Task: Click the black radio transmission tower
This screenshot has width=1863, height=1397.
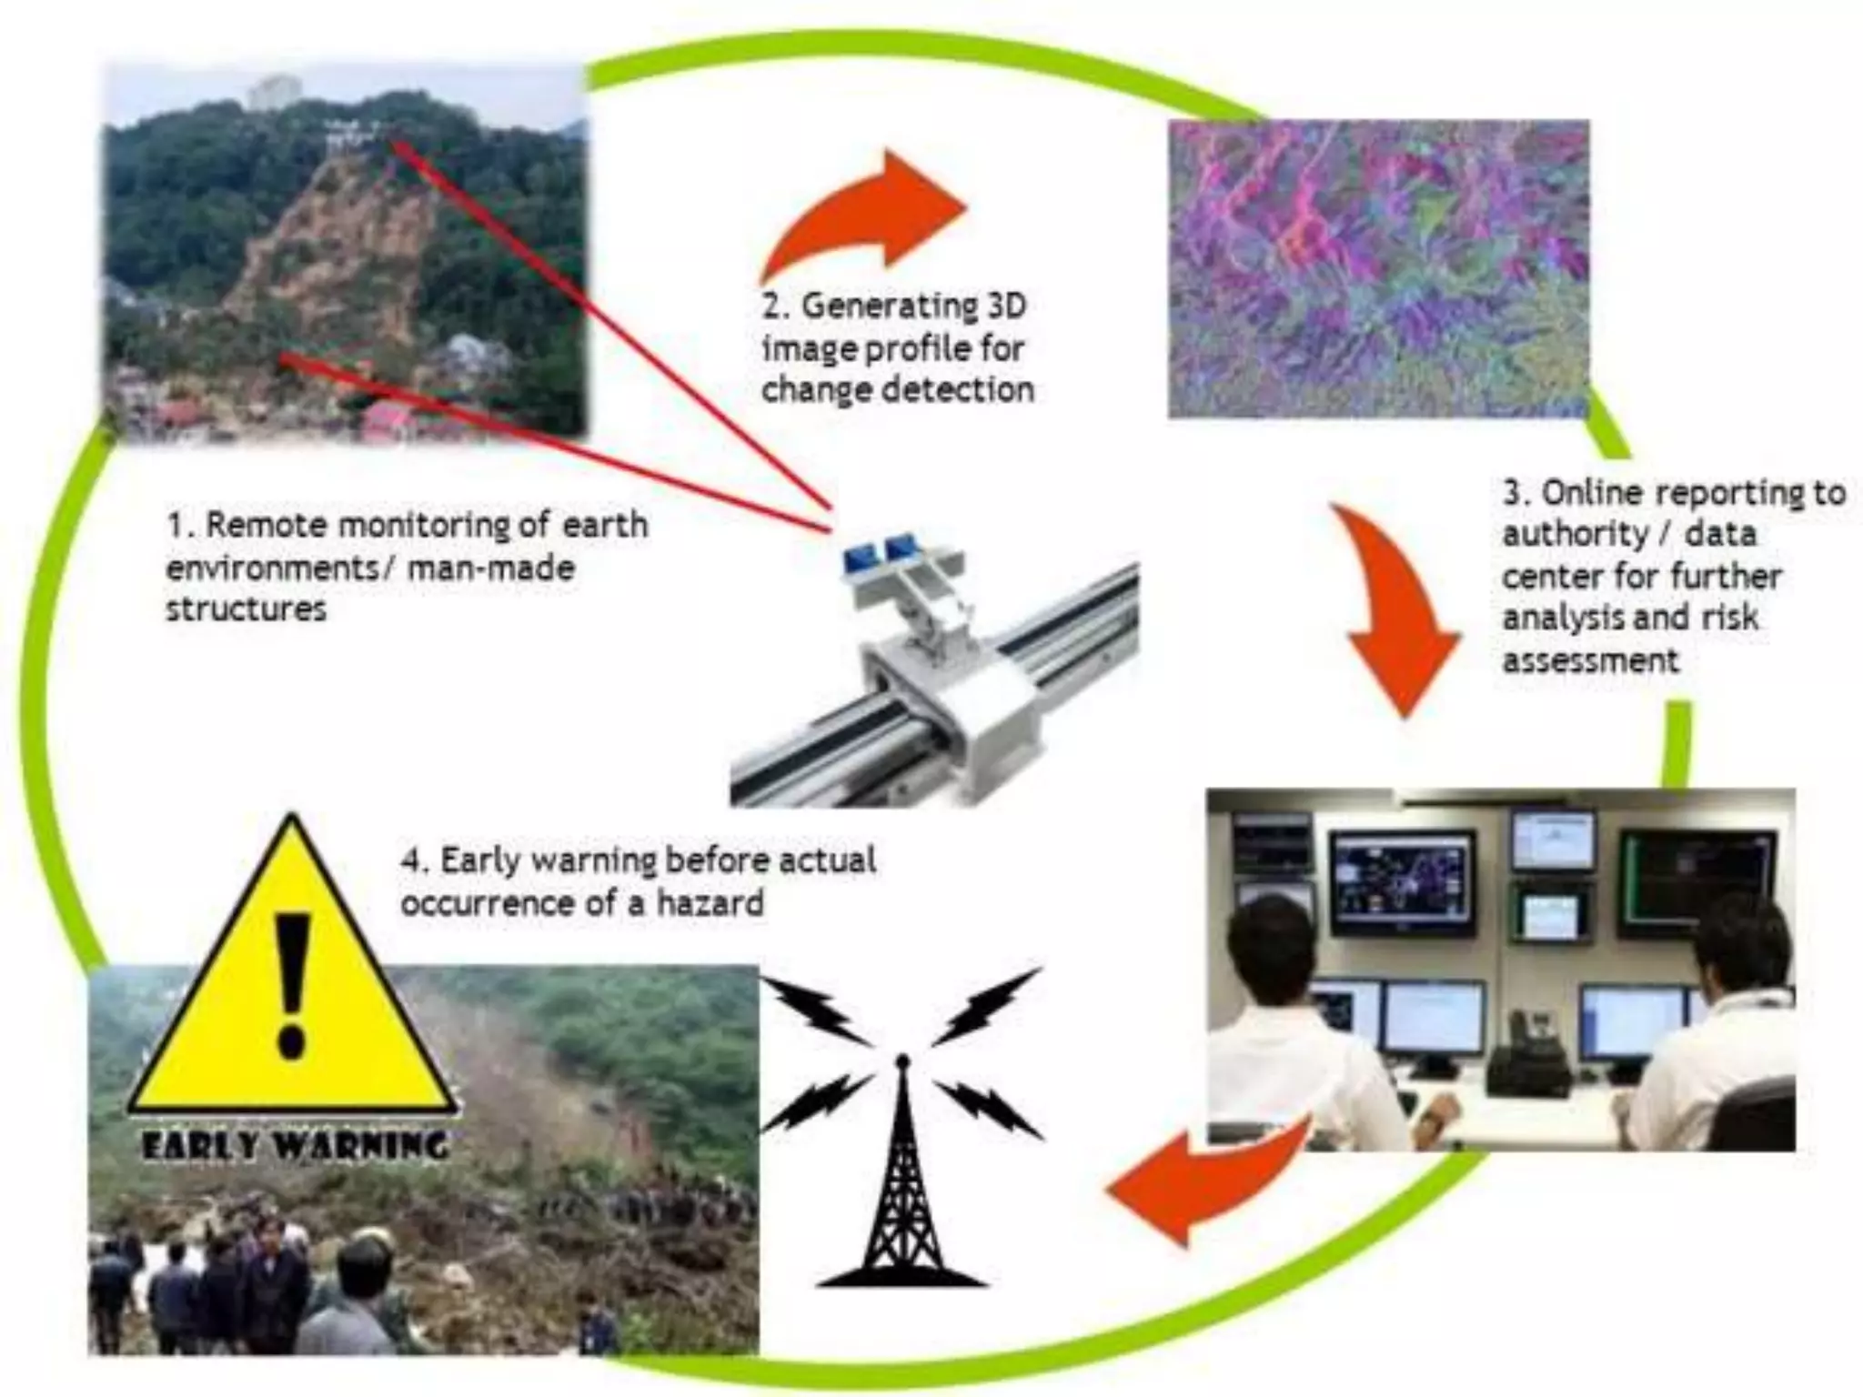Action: point(901,1182)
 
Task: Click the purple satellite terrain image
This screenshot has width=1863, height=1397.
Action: point(1378,268)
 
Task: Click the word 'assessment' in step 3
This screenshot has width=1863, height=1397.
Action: point(1590,660)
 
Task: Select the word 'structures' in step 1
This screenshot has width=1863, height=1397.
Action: point(246,608)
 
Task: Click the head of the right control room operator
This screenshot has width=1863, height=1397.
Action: point(1743,946)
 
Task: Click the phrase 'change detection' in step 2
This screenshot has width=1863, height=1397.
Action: point(898,390)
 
